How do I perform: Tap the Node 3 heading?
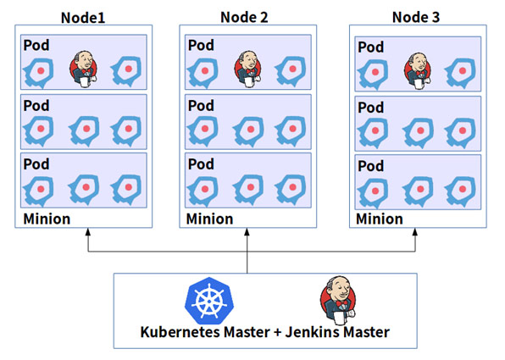pyautogui.click(x=417, y=17)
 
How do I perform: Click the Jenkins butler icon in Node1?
pyautogui.click(x=83, y=68)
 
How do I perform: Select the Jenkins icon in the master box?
pyautogui.click(x=336, y=302)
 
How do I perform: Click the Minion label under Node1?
pyautogui.click(x=47, y=219)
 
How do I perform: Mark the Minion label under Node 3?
pyautogui.click(x=380, y=219)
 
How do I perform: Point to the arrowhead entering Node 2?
pyautogui.click(x=247, y=233)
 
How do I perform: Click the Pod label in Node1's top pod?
pyautogui.click(x=37, y=45)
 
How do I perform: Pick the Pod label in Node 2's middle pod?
pyautogui.click(x=201, y=106)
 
